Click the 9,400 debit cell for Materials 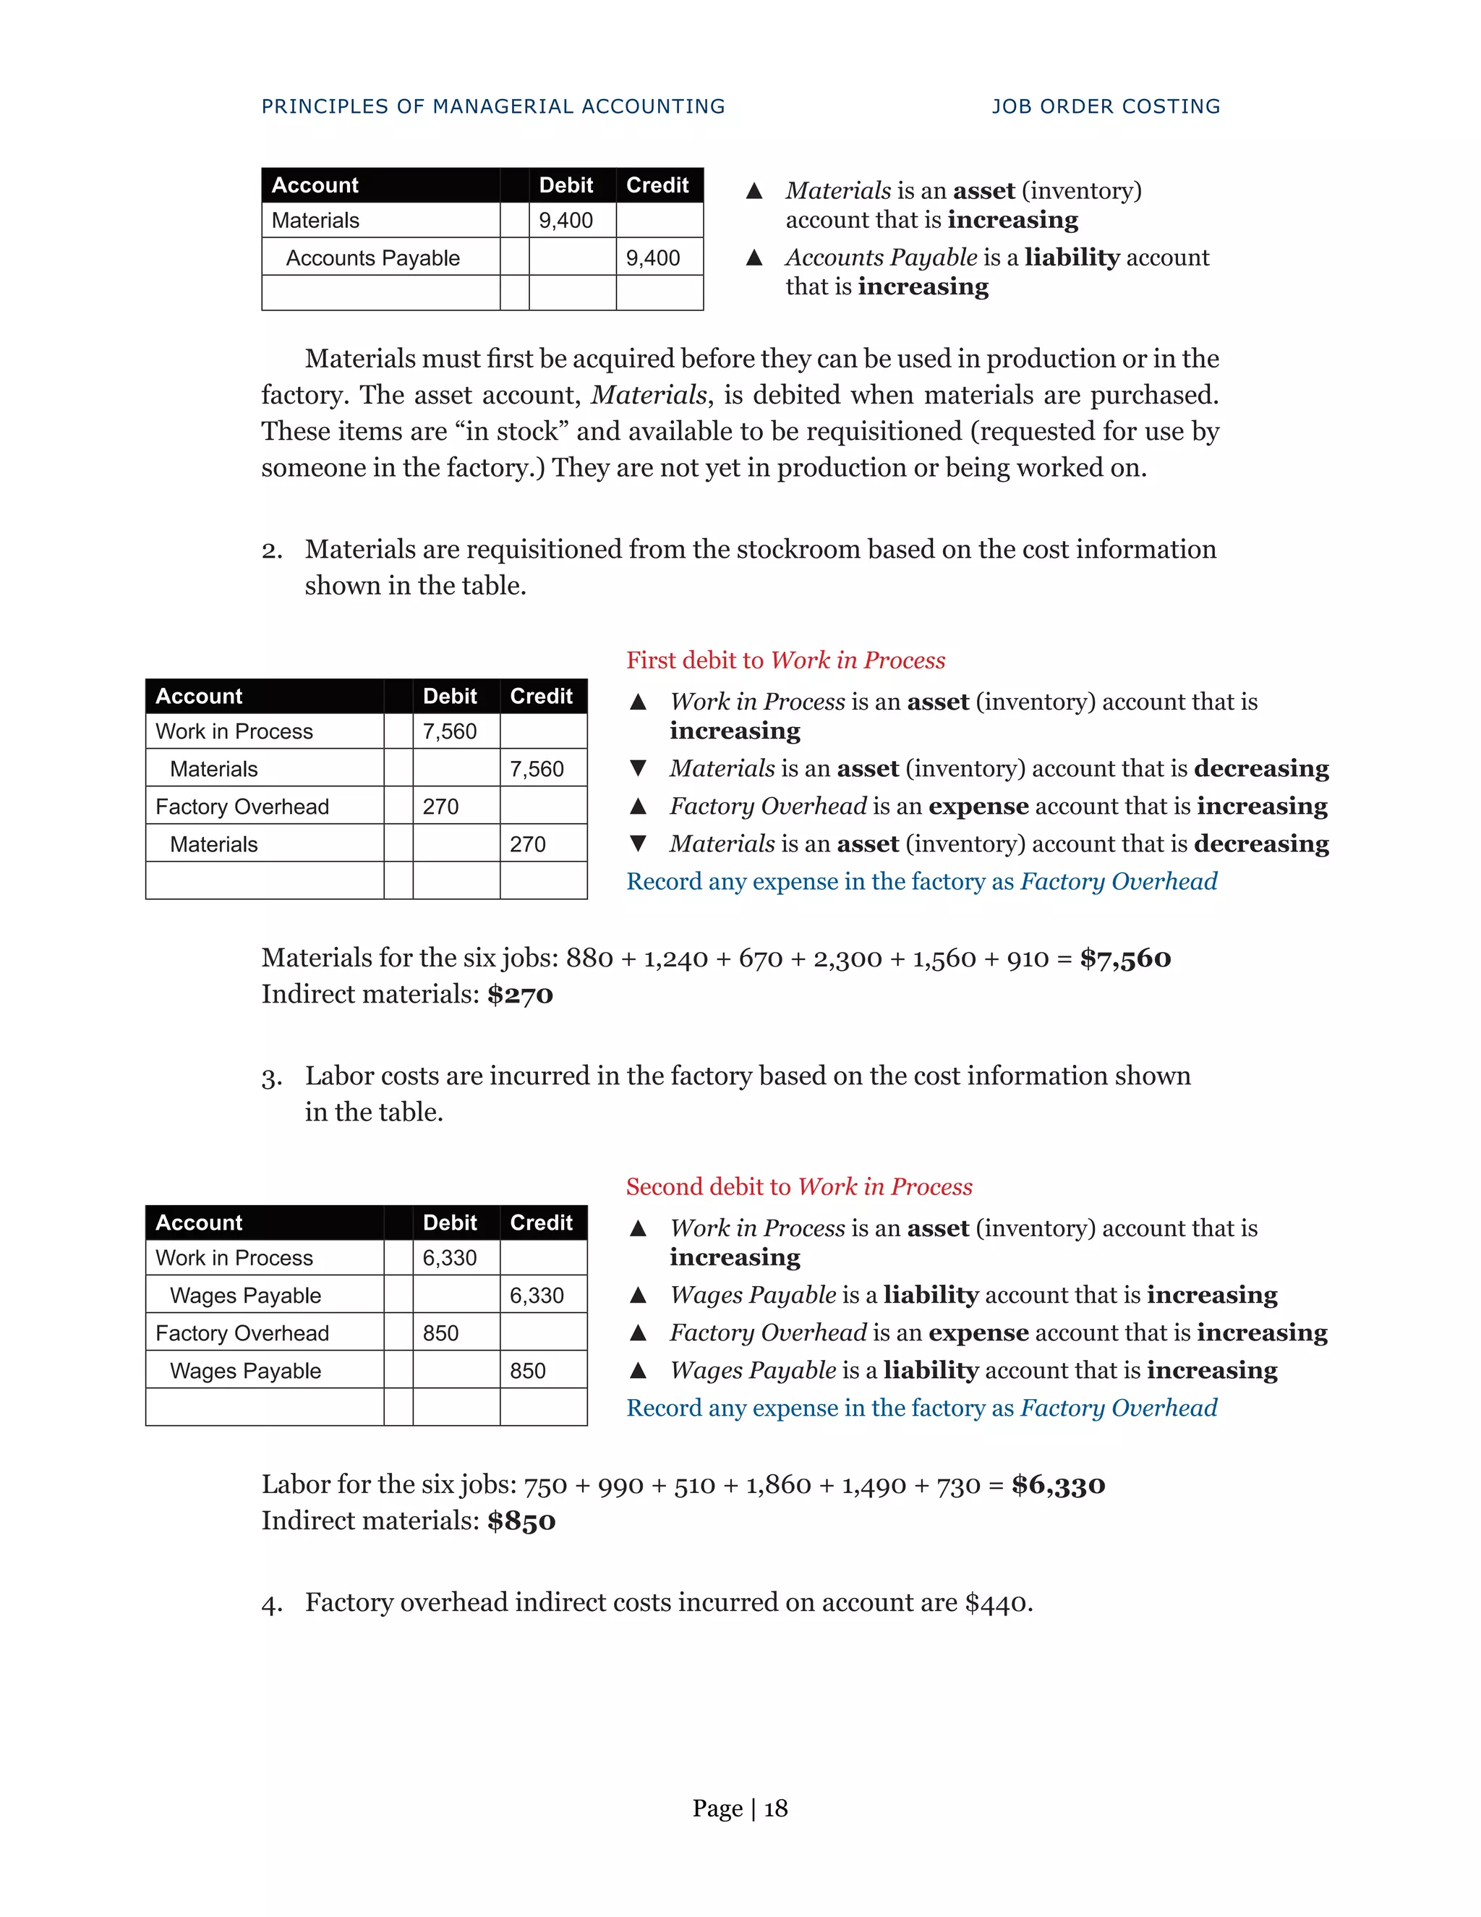pyautogui.click(x=566, y=221)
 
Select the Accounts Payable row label pyautogui.click(x=373, y=258)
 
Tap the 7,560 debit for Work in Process pyautogui.click(x=449, y=731)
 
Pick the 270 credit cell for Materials pyautogui.click(x=527, y=844)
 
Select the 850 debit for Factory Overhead pyautogui.click(x=440, y=1333)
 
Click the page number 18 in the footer pyautogui.click(x=776, y=1808)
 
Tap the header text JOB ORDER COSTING pyautogui.click(x=1106, y=106)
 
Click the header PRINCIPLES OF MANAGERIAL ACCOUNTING pyautogui.click(x=493, y=106)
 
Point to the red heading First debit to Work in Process pyautogui.click(x=785, y=660)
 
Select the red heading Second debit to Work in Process pyautogui.click(x=798, y=1186)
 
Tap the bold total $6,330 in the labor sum pyautogui.click(x=1058, y=1484)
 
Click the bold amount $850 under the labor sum pyautogui.click(x=521, y=1521)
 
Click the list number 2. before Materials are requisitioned pyautogui.click(x=272, y=551)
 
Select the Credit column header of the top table pyautogui.click(x=657, y=185)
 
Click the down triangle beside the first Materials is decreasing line pyautogui.click(x=638, y=768)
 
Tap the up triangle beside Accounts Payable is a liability pyautogui.click(x=754, y=258)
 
